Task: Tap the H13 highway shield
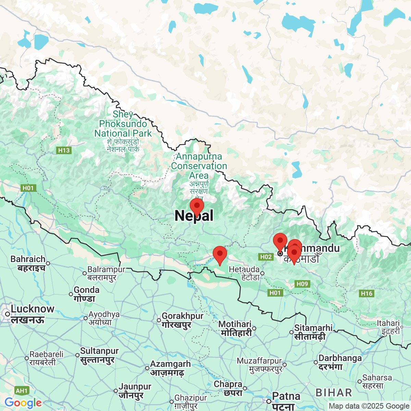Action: (x=64, y=150)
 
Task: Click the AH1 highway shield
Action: (x=22, y=391)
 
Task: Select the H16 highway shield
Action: (x=366, y=293)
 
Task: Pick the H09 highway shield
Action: (x=302, y=284)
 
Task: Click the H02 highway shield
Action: (x=266, y=257)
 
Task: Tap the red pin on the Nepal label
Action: (x=197, y=207)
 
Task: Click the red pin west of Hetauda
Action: (x=220, y=254)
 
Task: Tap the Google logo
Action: (x=23, y=403)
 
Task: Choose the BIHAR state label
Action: (x=334, y=393)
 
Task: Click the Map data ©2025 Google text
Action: (x=369, y=406)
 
